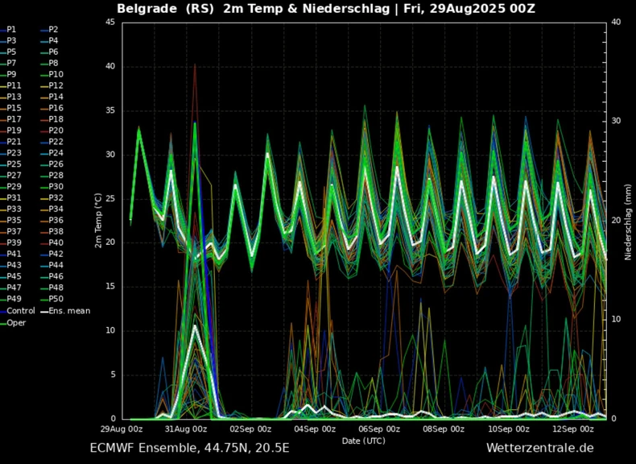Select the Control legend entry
23,310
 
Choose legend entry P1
12,28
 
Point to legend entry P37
14,231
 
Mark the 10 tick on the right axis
616,320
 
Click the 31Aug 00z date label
188,429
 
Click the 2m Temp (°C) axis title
98,221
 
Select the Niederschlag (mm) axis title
627,221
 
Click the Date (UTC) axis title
364,441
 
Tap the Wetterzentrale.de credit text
539,448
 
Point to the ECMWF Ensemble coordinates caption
189,448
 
